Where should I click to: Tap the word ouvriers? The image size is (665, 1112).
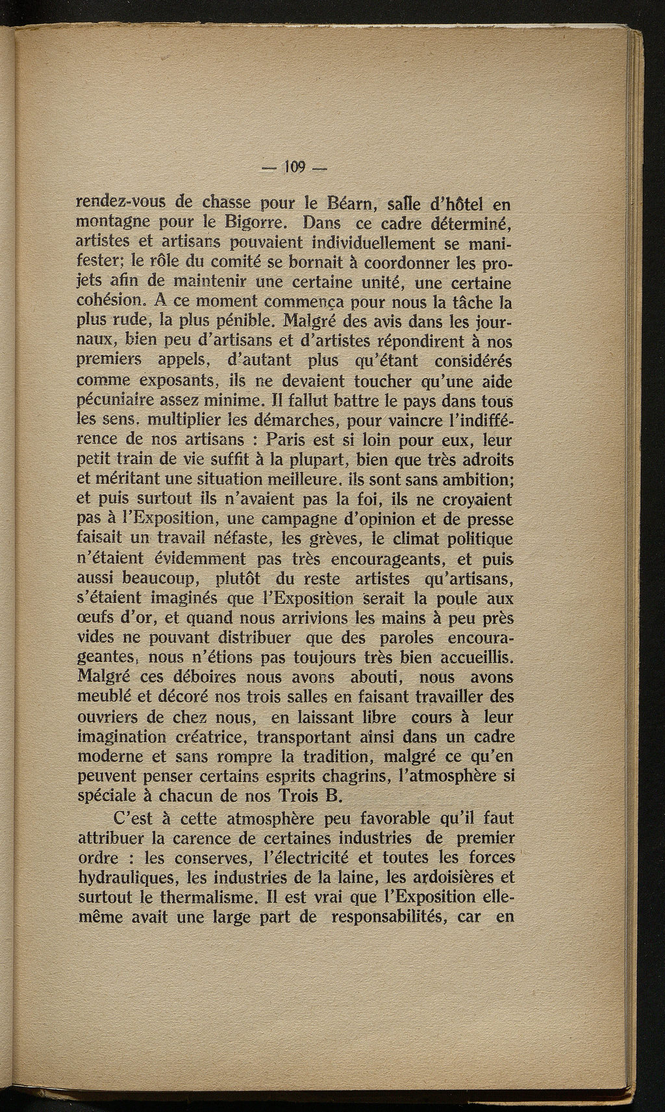(107, 718)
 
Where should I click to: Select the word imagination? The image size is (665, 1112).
(121, 738)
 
